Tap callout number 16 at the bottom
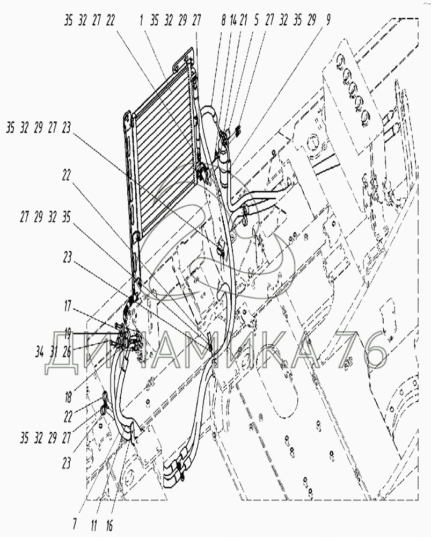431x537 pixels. click(x=109, y=521)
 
